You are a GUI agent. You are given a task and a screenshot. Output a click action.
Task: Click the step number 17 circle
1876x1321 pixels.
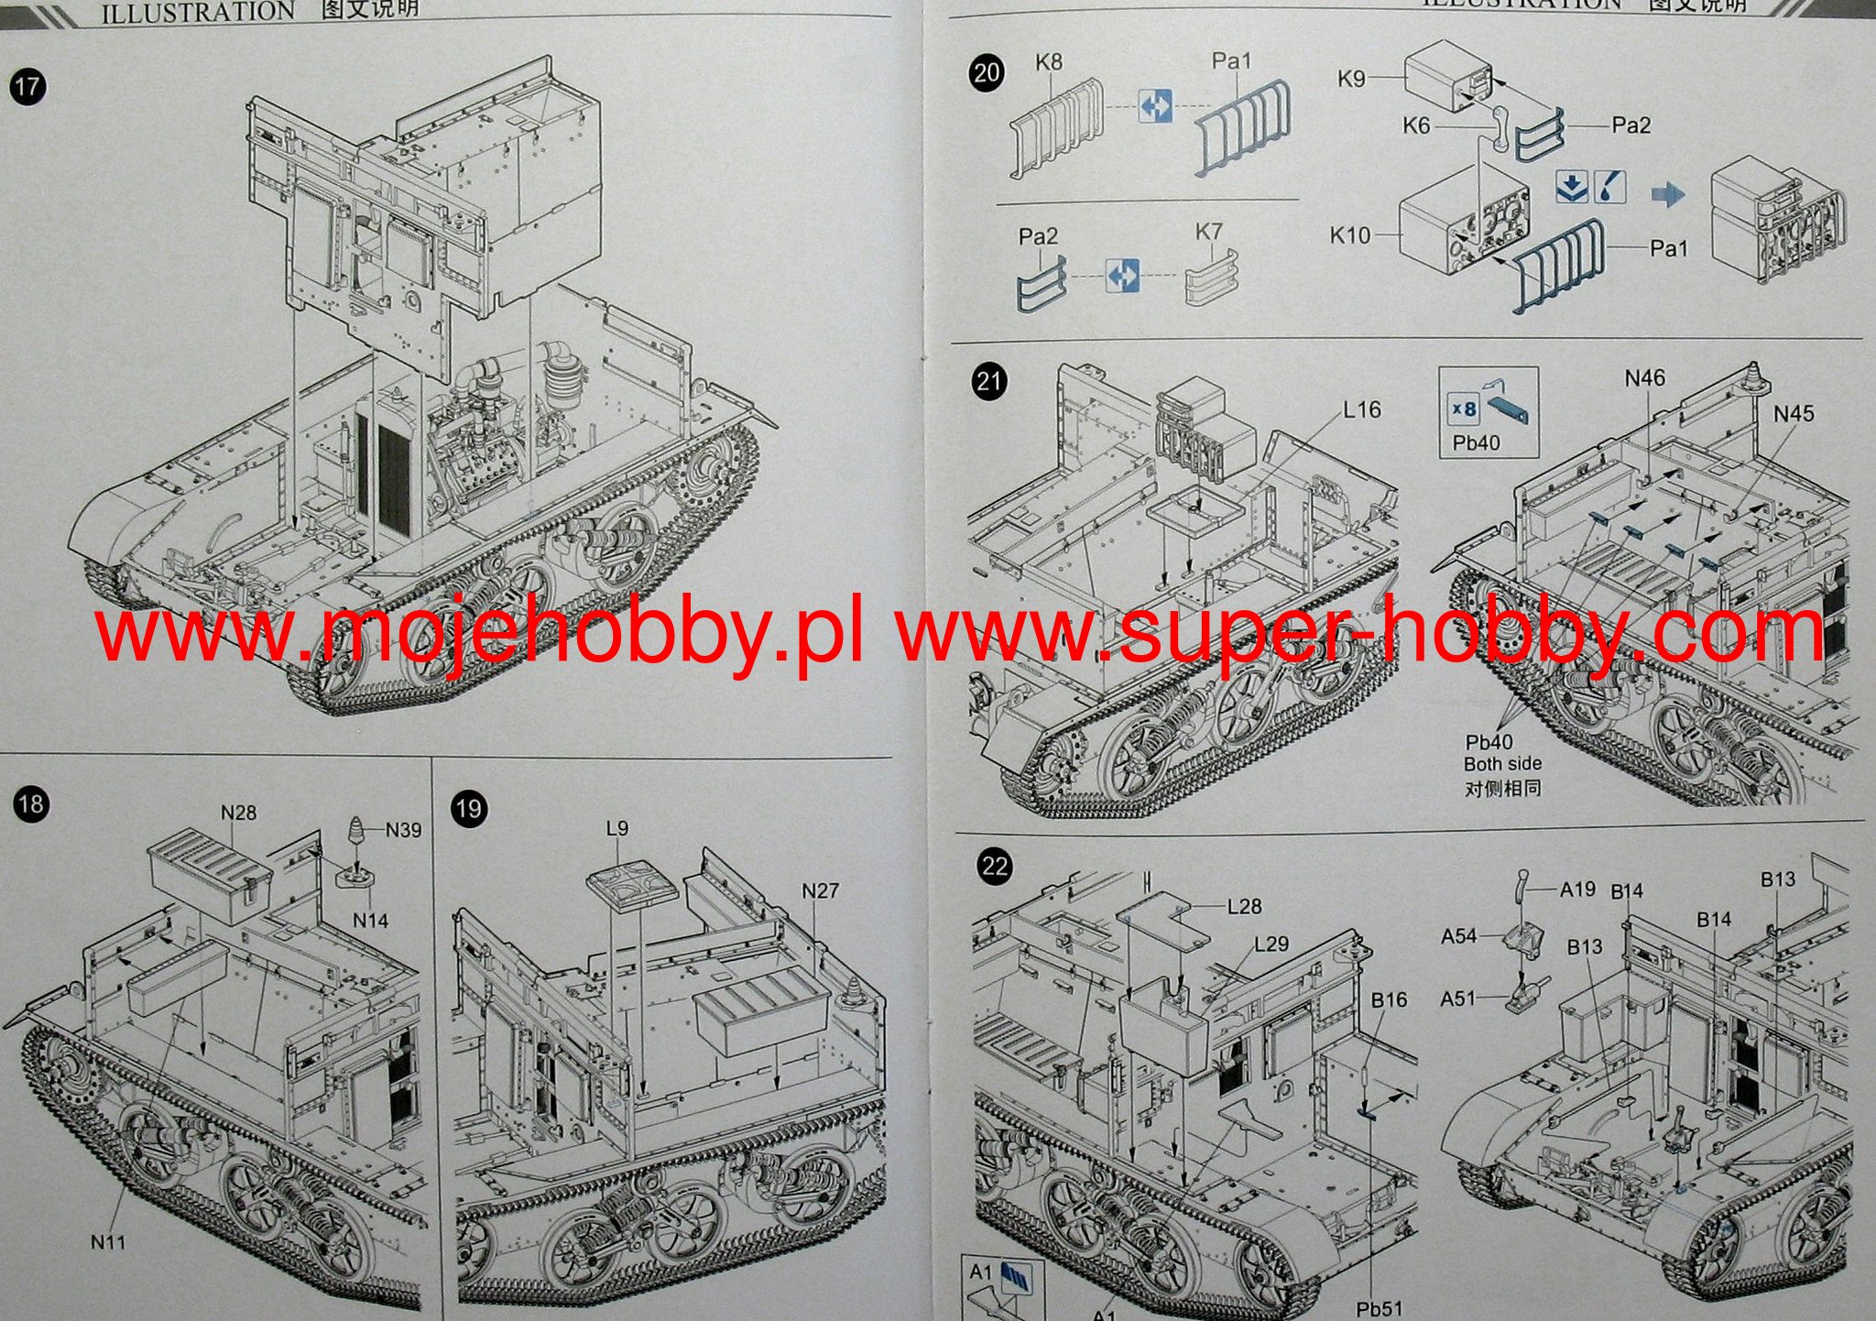pyautogui.click(x=27, y=87)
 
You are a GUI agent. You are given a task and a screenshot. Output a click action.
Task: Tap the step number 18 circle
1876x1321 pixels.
pyautogui.click(x=30, y=804)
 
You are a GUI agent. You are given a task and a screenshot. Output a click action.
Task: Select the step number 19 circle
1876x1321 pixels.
pyautogui.click(x=468, y=809)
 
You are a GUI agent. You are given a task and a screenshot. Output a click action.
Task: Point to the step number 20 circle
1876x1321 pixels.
pyautogui.click(x=987, y=72)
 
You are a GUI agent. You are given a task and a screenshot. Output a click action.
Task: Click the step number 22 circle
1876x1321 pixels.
pyautogui.click(x=994, y=867)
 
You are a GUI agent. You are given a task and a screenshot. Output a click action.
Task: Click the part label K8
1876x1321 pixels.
pyautogui.click(x=1049, y=62)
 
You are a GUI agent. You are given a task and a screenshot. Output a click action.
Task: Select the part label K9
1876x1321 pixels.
pyautogui.click(x=1351, y=79)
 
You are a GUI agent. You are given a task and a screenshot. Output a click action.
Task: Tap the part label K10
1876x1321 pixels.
pyautogui.click(x=1350, y=235)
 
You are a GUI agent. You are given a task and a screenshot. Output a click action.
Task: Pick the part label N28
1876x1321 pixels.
pyautogui.click(x=239, y=813)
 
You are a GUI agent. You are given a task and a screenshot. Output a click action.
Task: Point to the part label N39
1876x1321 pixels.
pyautogui.click(x=403, y=830)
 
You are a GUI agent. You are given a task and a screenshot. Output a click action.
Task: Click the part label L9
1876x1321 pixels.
pyautogui.click(x=617, y=828)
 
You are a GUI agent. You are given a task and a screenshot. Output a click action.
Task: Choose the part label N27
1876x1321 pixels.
pyautogui.click(x=820, y=890)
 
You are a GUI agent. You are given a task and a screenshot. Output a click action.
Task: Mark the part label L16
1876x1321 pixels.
pyautogui.click(x=1361, y=409)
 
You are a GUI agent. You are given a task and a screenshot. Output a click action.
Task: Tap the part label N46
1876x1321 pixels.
pyautogui.click(x=1645, y=377)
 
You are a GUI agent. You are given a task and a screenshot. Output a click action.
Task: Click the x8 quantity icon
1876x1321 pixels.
pyautogui.click(x=1464, y=409)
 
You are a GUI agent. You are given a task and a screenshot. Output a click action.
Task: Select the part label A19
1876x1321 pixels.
pyautogui.click(x=1577, y=889)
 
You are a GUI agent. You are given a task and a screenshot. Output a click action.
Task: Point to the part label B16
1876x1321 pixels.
pyautogui.click(x=1389, y=999)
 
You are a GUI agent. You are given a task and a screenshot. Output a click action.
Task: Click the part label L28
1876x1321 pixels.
pyautogui.click(x=1244, y=906)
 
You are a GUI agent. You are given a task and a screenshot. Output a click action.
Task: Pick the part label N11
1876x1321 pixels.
pyautogui.click(x=107, y=1242)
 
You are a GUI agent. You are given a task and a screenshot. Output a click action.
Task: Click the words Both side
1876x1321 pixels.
pyautogui.click(x=1502, y=763)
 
